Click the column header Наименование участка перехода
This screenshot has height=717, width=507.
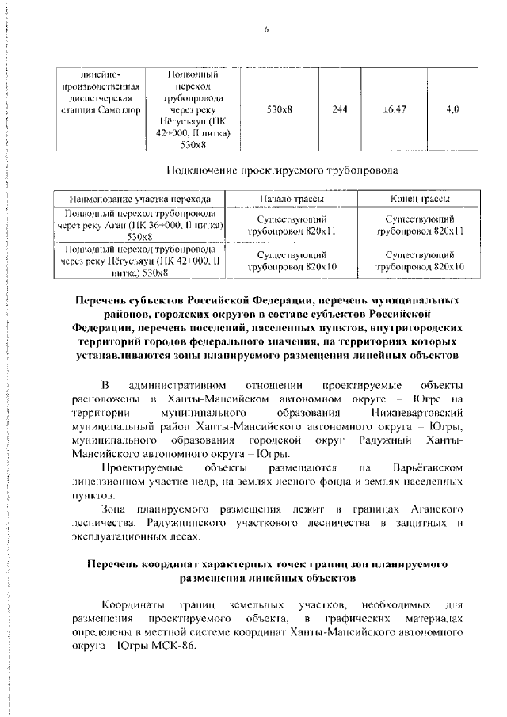point(140,199)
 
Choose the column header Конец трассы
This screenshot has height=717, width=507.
point(421,199)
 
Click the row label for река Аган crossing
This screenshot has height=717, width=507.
point(140,225)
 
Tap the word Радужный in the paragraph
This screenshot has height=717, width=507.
point(387,440)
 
